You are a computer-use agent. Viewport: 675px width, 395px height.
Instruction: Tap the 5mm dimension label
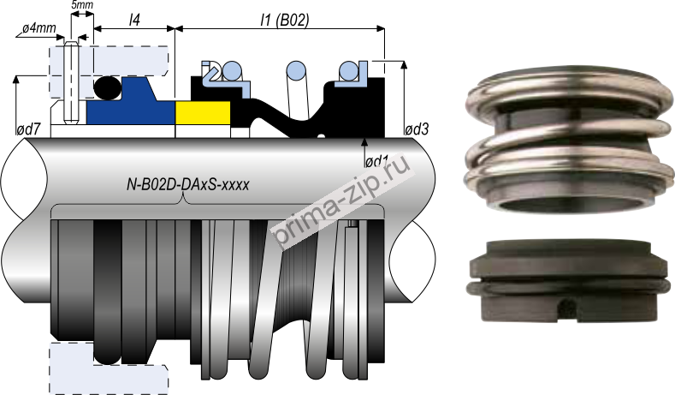[82, 6]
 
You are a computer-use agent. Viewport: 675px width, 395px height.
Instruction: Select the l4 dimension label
[134, 17]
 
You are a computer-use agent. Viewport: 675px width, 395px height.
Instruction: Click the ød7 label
[29, 129]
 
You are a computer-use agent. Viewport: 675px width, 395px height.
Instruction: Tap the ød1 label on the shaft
[377, 160]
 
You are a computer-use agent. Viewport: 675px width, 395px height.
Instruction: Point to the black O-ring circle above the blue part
[107, 87]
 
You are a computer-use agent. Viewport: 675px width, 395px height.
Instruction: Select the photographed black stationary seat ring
[569, 278]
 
